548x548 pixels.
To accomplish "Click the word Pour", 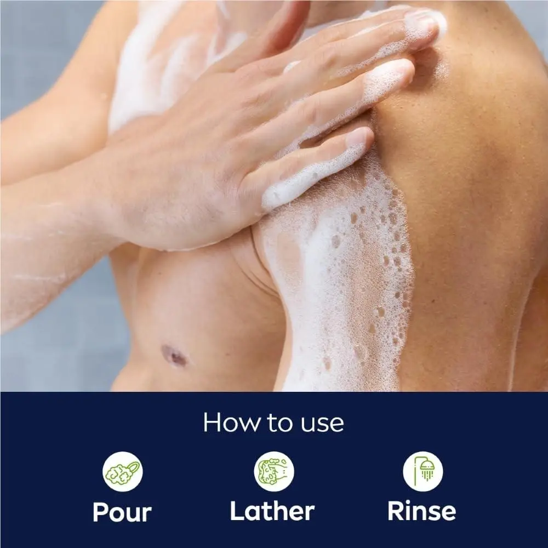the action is pos(122,512).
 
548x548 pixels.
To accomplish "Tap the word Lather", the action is pos(272,511).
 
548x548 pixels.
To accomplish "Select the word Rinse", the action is pos(422,511).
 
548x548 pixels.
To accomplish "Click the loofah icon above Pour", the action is pos(122,471).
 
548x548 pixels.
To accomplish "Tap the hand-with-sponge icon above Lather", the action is pos(274,471).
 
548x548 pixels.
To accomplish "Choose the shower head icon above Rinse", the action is pos(423,471).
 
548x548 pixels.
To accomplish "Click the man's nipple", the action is pos(175,356).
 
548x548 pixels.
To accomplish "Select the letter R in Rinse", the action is pos(396,511).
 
